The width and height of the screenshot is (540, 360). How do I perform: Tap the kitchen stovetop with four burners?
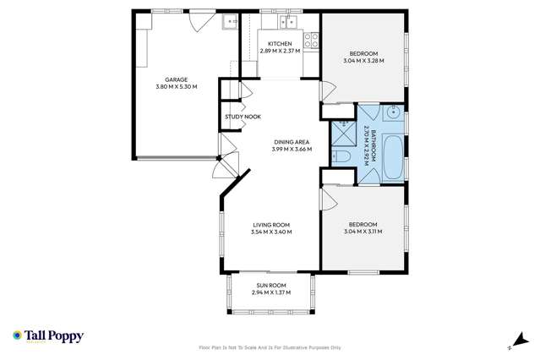click(311, 38)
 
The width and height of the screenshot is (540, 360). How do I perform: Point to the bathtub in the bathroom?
click(393, 158)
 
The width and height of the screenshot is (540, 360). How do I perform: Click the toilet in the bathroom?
click(342, 157)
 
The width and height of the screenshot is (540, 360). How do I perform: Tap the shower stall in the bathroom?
click(342, 133)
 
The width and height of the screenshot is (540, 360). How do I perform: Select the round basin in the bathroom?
click(395, 113)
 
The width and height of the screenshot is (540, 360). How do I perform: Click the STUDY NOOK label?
click(243, 117)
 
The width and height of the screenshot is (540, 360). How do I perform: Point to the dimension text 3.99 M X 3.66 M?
click(292, 150)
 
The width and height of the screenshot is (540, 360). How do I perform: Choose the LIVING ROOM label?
click(271, 224)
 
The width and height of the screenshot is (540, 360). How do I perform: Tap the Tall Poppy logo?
click(48, 336)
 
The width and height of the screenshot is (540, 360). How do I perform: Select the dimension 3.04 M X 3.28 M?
click(363, 61)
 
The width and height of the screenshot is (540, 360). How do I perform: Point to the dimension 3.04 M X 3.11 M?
click(363, 232)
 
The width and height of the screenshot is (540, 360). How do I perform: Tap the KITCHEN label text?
click(280, 44)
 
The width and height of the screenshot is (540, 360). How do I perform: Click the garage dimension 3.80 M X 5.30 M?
click(177, 86)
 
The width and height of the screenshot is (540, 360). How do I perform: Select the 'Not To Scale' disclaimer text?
click(270, 346)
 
